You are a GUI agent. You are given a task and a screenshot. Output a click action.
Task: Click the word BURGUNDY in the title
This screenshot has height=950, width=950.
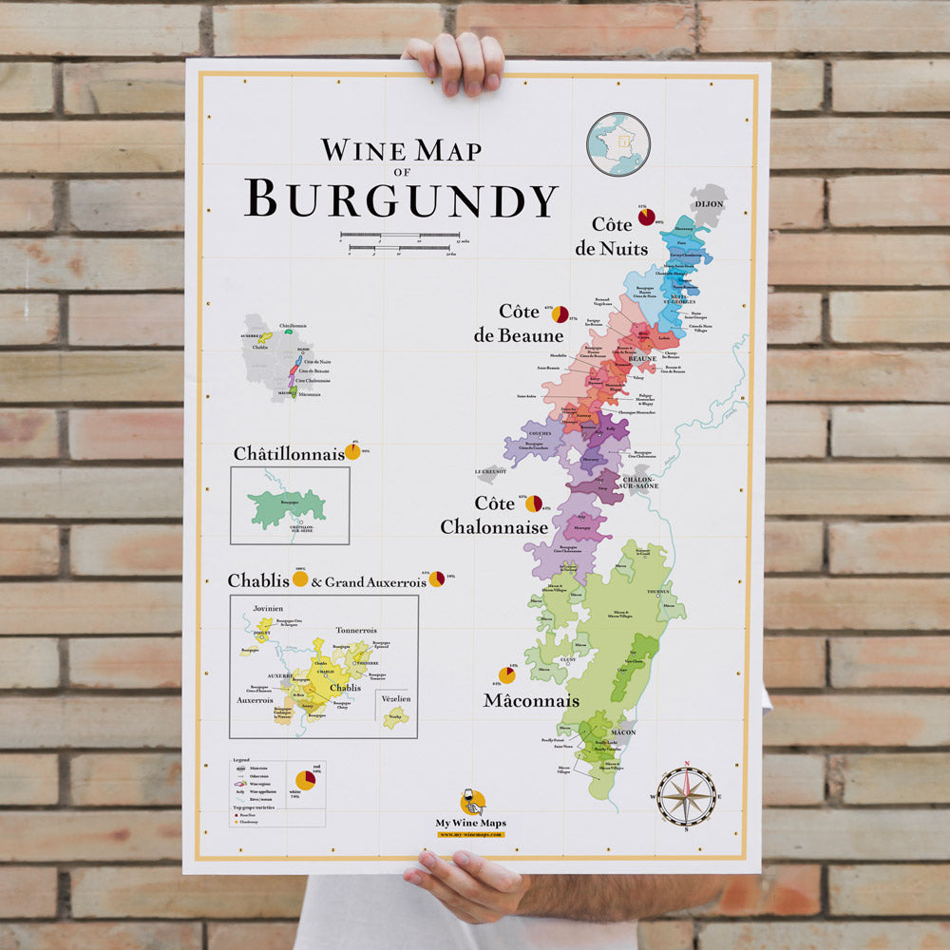pyautogui.click(x=401, y=199)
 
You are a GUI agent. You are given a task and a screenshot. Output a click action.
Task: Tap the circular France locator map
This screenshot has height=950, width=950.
pyautogui.click(x=617, y=144)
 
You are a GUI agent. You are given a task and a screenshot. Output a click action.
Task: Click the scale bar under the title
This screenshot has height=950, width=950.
pyautogui.click(x=400, y=241)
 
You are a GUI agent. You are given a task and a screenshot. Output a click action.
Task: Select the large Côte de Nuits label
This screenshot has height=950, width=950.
pyautogui.click(x=607, y=237)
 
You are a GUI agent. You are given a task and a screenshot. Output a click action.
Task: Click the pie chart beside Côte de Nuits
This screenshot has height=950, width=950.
pyautogui.click(x=647, y=217)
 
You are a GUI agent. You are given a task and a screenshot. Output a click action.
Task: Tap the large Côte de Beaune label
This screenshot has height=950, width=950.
pyautogui.click(x=518, y=323)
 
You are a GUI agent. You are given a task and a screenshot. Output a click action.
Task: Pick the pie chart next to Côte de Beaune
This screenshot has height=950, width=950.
pyautogui.click(x=560, y=313)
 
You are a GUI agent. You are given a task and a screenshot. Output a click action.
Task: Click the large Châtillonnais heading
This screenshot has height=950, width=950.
pyautogui.click(x=289, y=454)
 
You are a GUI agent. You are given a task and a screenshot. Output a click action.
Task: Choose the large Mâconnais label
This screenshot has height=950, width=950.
pyautogui.click(x=531, y=701)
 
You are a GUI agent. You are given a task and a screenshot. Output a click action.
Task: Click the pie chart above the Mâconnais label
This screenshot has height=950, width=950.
pyautogui.click(x=507, y=674)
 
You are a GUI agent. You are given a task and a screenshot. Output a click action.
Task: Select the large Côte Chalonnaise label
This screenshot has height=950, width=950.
pyautogui.click(x=494, y=515)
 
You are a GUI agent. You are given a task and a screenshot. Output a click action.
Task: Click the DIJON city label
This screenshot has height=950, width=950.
pyautogui.click(x=709, y=203)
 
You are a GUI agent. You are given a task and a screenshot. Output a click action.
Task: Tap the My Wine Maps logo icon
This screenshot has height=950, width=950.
pyautogui.click(x=472, y=801)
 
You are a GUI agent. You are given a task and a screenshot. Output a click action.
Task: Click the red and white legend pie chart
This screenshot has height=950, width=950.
pyautogui.click(x=305, y=780)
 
